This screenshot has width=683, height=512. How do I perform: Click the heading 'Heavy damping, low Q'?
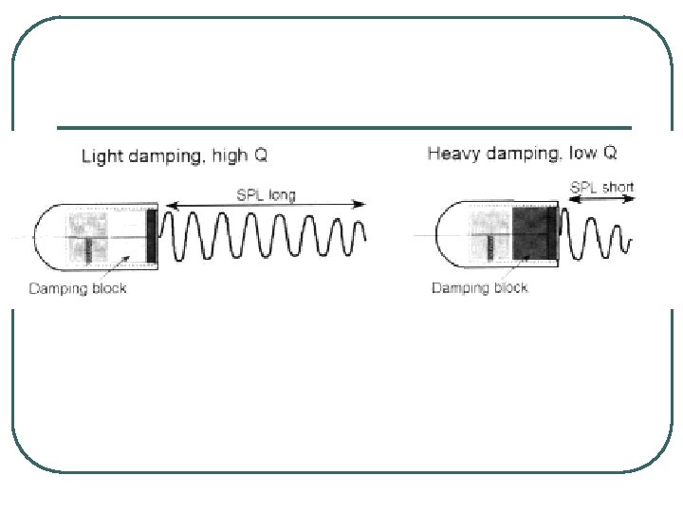pos(522,153)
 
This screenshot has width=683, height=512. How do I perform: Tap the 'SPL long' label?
pos(265,195)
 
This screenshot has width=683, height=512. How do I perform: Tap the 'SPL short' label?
pos(601,187)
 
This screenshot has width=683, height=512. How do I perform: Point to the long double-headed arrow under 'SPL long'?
pos(266,205)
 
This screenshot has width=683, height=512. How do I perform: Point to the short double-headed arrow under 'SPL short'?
pos(601,198)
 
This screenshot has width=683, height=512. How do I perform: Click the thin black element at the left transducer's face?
pos(151,236)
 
